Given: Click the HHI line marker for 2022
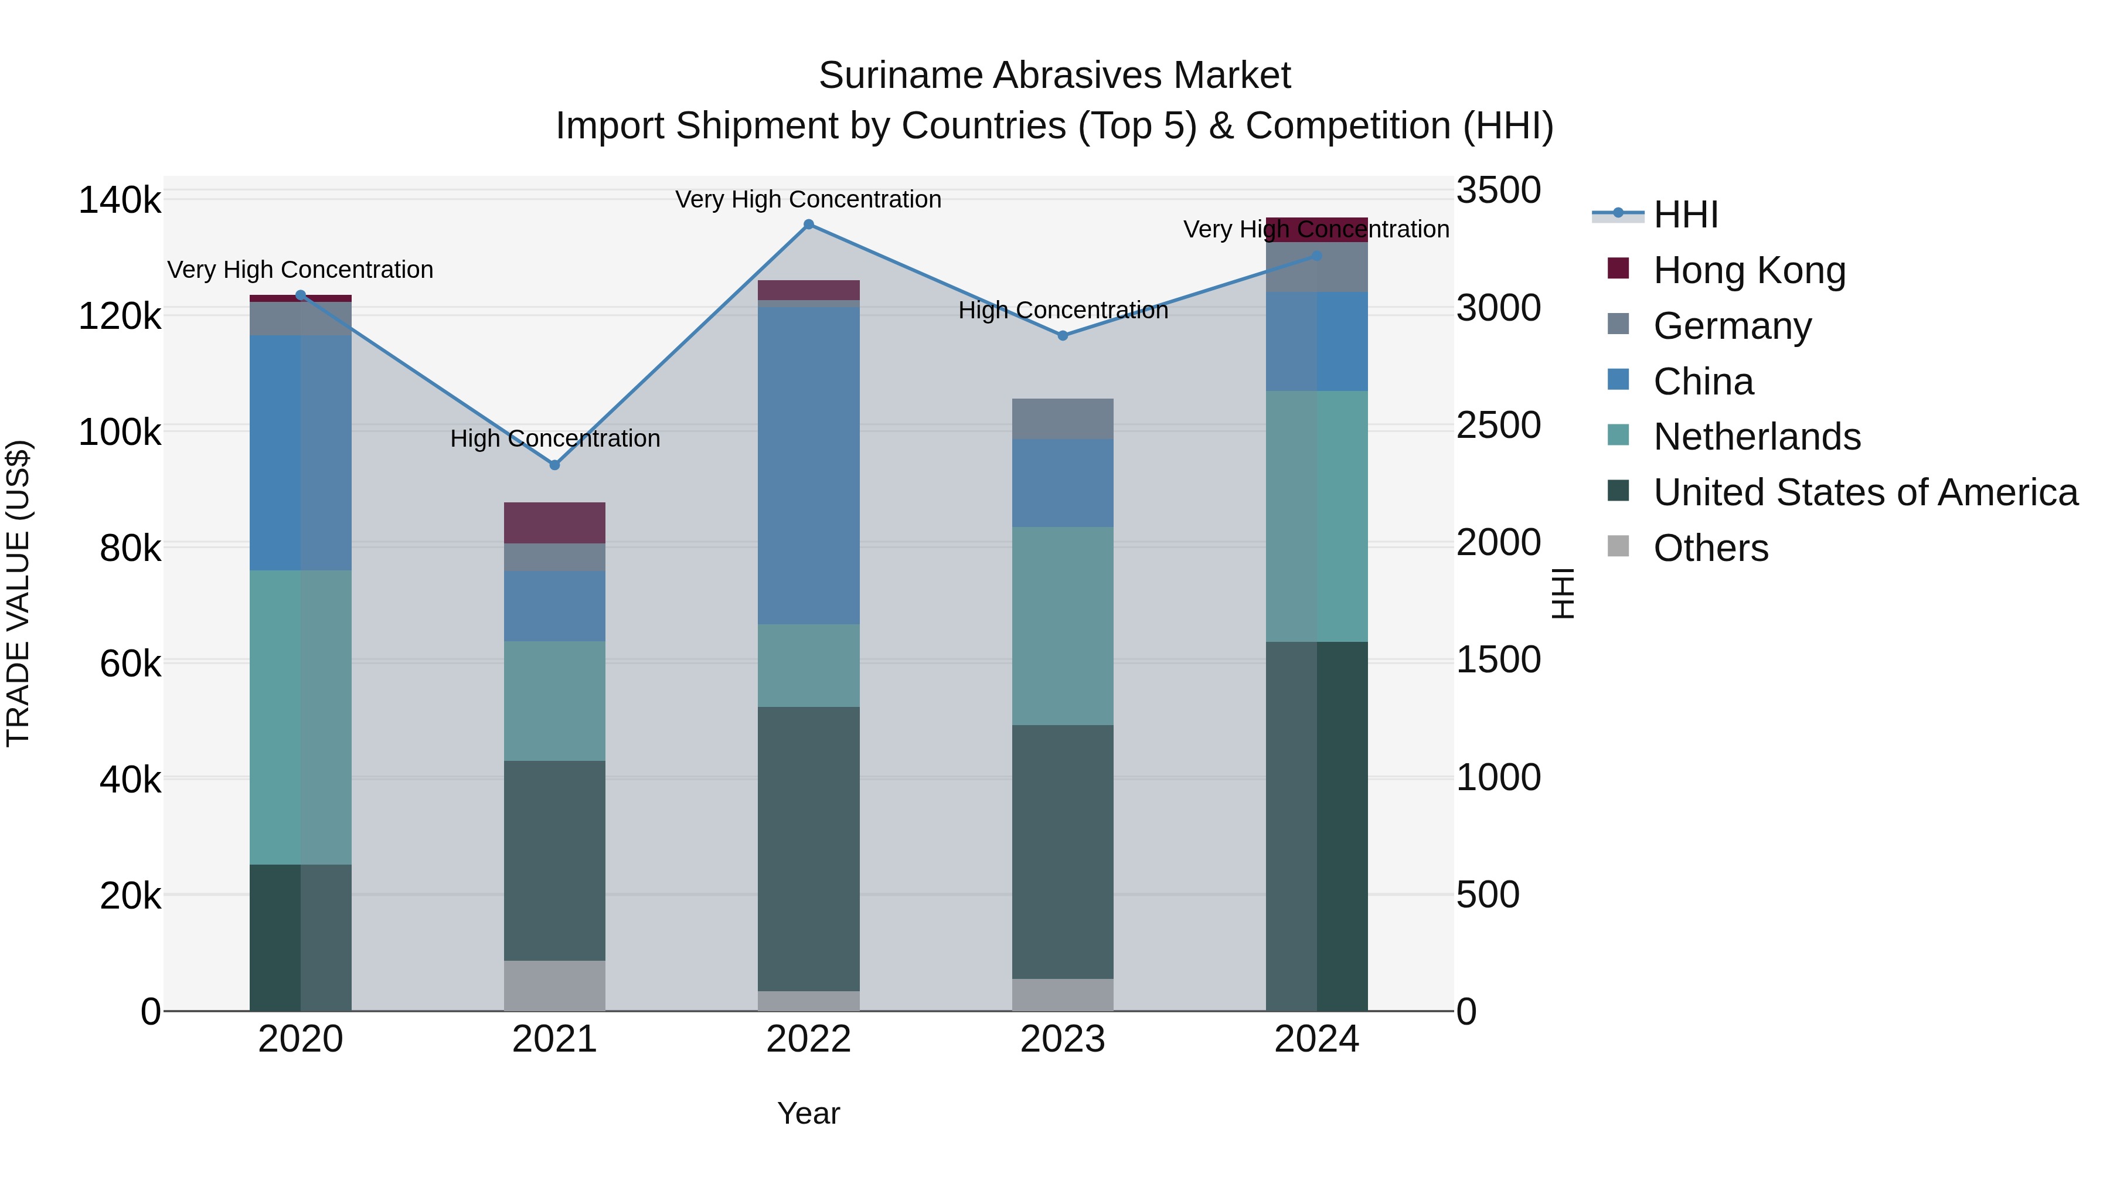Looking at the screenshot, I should (808, 225).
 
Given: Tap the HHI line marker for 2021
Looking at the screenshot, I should (554, 464).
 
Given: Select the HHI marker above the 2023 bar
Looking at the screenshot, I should (1063, 335).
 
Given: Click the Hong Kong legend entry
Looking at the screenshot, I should (1749, 270).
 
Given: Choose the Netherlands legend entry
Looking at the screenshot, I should (1756, 437).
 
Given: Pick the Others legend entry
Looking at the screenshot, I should (1710, 548).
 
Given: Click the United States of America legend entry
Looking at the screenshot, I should (1865, 492).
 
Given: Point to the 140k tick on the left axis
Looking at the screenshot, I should (120, 200).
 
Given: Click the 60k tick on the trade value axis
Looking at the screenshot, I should (130, 664).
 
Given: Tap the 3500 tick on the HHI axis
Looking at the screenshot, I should (1498, 190).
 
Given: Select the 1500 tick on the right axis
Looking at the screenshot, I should (1498, 659).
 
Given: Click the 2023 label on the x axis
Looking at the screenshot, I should (1063, 1039).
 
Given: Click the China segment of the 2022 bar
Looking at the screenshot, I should (808, 465).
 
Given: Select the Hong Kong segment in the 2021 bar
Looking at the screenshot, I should (554, 523).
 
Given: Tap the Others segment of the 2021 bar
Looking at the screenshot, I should (554, 985).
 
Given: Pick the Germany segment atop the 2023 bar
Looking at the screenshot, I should (1063, 419).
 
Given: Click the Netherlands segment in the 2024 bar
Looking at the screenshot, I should (1316, 516).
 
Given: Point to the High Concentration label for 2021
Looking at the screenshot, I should (554, 438).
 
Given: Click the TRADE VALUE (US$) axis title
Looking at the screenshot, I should (18, 593).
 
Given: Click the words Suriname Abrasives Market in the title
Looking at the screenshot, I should (1054, 76).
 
